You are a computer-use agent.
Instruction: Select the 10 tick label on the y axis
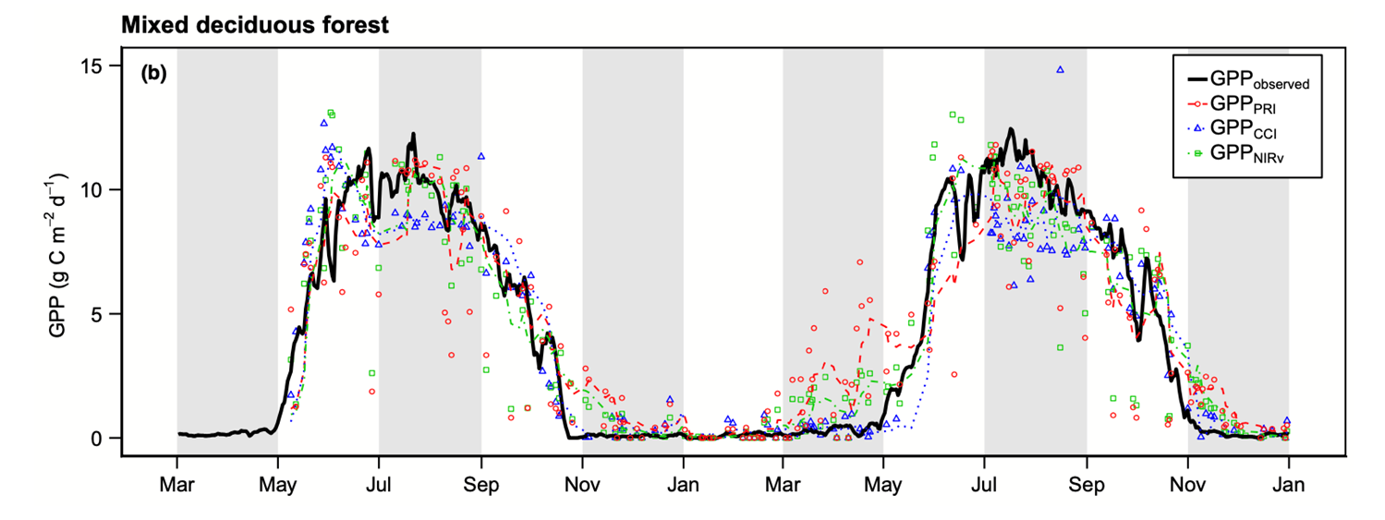pyautogui.click(x=97, y=190)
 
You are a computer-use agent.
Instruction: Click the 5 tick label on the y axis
pyautogui.click(x=103, y=314)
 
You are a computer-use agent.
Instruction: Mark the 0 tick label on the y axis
pyautogui.click(x=103, y=438)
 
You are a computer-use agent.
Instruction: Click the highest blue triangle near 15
pyautogui.click(x=1060, y=69)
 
